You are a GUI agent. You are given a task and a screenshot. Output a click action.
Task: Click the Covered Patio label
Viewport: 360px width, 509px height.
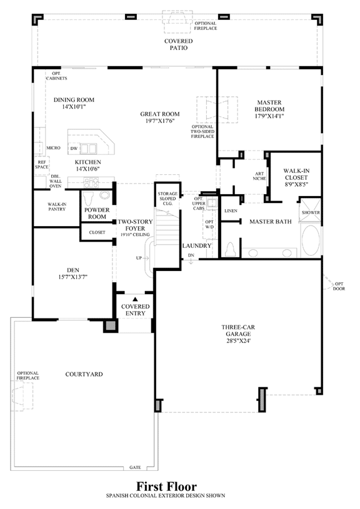(x=178, y=44)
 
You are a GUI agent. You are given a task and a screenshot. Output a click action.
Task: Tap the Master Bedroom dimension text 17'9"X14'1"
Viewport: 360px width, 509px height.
(x=269, y=116)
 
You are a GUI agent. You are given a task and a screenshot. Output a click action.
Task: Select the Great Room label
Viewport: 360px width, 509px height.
(x=160, y=114)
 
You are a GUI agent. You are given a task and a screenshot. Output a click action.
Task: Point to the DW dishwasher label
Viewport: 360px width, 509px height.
(x=74, y=149)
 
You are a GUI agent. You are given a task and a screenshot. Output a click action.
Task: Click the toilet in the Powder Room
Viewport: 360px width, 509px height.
(x=88, y=198)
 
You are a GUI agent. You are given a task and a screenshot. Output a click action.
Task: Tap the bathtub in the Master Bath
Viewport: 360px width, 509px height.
(x=311, y=240)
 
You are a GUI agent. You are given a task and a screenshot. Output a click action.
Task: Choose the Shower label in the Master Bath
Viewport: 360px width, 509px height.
(x=311, y=212)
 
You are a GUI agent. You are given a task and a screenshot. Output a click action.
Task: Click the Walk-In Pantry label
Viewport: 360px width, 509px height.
(x=57, y=207)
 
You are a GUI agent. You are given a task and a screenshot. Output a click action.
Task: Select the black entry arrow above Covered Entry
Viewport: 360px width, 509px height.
(x=136, y=299)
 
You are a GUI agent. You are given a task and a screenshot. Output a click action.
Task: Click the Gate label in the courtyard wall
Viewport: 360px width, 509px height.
(x=135, y=467)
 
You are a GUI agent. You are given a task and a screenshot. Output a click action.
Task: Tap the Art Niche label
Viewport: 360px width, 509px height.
(x=259, y=176)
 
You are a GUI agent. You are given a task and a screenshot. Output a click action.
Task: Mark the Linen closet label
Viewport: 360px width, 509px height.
(x=231, y=210)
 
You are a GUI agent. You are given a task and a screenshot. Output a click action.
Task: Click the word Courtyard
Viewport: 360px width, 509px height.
(x=84, y=374)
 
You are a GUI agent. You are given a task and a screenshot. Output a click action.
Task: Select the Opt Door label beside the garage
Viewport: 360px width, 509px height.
(x=339, y=286)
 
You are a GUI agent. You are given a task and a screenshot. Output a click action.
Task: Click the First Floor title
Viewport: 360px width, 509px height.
(x=166, y=487)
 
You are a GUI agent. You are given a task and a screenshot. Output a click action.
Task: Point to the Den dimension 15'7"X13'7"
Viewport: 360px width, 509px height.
(x=73, y=277)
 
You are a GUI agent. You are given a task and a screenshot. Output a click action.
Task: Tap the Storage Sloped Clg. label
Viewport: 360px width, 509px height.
(x=167, y=199)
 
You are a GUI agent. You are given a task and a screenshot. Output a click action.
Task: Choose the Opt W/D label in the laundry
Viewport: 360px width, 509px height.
(x=209, y=224)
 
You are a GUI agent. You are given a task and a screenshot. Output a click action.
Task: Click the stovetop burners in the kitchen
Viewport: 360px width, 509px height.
(x=91, y=183)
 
